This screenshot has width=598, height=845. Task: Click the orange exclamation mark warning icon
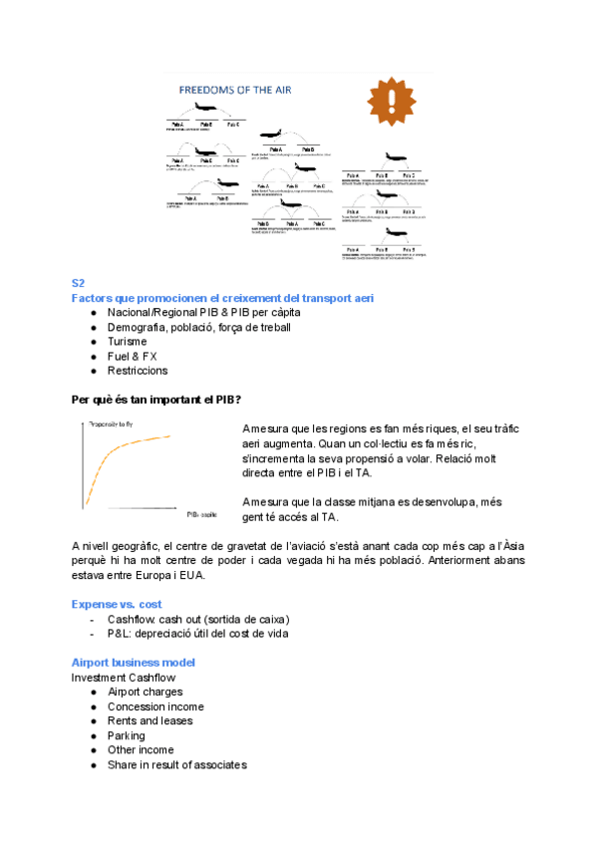398,99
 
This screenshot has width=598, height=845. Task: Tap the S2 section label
79,284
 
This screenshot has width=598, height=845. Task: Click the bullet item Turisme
127,342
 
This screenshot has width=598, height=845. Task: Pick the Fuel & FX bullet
133,356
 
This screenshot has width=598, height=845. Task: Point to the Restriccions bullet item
138,371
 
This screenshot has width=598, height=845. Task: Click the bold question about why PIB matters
155,400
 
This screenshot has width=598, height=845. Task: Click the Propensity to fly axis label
112,424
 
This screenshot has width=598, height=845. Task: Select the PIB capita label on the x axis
201,515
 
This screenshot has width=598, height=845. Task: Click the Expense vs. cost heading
117,604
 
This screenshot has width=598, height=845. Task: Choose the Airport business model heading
134,663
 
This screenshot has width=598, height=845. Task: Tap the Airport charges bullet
146,692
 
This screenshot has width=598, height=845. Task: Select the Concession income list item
155,706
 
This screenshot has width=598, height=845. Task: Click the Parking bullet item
127,735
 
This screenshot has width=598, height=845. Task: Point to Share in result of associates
177,764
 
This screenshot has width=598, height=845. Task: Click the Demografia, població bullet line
199,327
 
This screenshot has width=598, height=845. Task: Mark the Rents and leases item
150,720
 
